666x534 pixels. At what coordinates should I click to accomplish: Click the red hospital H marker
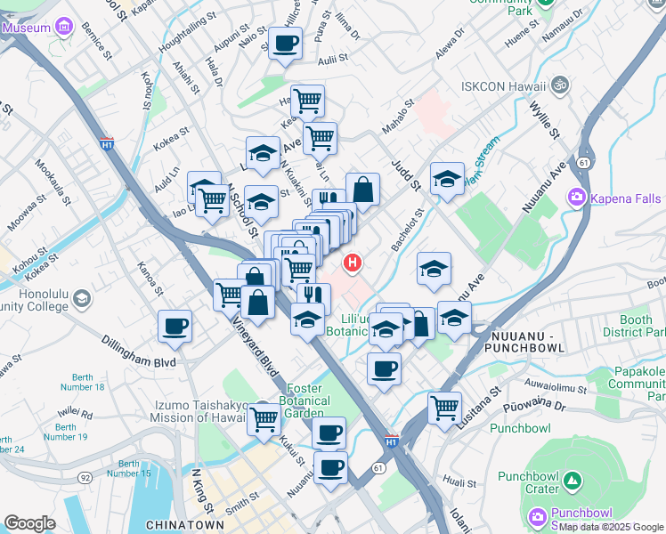pos(353,263)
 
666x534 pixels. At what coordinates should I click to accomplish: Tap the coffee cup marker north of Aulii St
pos(285,43)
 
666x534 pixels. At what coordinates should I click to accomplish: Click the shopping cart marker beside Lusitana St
pos(444,408)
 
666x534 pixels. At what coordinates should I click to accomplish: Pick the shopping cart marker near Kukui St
pos(264,417)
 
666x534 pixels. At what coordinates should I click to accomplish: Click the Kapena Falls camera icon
pos(578,196)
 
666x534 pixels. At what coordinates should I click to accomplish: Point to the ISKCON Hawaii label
pos(502,86)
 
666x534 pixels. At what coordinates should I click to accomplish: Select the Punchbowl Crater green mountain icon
pos(573,482)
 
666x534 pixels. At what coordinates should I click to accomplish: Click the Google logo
pos(29,522)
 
